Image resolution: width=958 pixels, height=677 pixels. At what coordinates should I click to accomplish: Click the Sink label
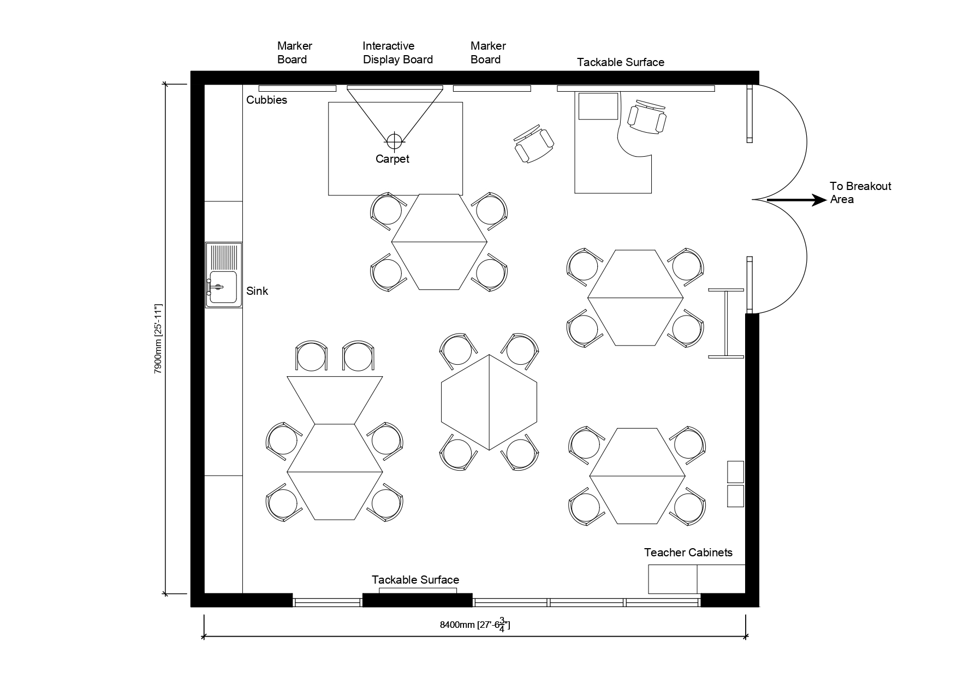click(257, 291)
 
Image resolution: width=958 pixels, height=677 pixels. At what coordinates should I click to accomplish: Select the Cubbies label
click(266, 100)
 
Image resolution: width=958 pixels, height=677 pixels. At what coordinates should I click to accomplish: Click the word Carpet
click(392, 159)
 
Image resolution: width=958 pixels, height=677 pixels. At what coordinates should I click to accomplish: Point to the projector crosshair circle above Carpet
click(394, 141)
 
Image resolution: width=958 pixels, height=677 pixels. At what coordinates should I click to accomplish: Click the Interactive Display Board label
click(397, 53)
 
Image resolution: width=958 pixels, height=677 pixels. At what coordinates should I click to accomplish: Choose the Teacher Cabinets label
click(688, 553)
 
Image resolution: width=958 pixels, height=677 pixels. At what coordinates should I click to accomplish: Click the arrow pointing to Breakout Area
click(797, 200)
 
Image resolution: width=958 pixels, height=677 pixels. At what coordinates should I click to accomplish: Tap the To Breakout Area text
click(860, 193)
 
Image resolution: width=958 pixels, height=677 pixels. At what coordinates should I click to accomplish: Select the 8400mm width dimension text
click(475, 625)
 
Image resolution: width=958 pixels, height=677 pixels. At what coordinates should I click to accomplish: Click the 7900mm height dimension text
click(158, 339)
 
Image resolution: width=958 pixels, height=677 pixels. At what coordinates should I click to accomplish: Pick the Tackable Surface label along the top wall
click(621, 62)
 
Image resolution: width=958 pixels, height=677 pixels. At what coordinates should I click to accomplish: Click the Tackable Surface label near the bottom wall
click(415, 580)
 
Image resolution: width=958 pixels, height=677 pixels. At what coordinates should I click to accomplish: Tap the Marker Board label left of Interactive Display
click(295, 53)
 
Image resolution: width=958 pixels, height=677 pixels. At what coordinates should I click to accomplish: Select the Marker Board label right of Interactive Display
click(488, 53)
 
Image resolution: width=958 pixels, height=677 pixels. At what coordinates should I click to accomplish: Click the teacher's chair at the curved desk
click(647, 117)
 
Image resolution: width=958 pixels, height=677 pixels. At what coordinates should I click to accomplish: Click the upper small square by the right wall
click(736, 472)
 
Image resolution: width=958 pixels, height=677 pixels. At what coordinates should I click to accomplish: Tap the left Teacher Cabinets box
click(673, 579)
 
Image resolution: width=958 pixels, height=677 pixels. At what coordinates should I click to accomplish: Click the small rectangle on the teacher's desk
click(598, 106)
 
